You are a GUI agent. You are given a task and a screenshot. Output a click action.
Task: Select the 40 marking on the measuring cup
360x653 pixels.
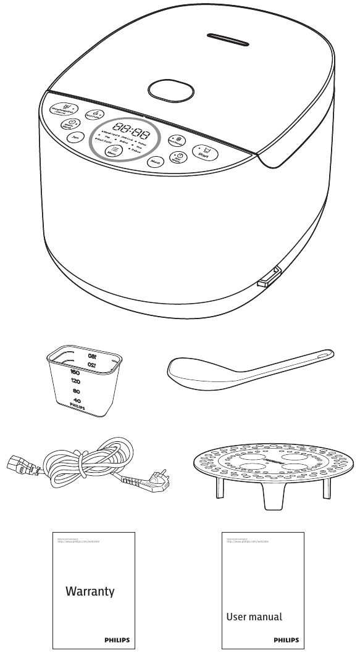point(77,401)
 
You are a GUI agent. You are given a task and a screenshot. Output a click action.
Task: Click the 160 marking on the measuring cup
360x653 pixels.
point(76,373)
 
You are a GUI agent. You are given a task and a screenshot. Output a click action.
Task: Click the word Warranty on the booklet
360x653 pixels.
point(90,591)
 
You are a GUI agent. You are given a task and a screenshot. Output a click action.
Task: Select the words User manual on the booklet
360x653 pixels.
point(254,616)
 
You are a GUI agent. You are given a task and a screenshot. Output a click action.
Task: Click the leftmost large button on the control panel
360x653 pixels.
point(62,110)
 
